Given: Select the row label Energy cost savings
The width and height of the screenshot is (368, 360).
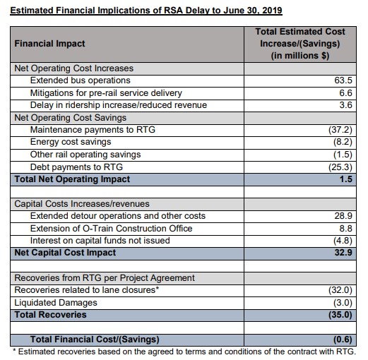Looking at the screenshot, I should pyautogui.click(x=71, y=142).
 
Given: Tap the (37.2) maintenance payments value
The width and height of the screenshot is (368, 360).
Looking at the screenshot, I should pyautogui.click(x=340, y=130).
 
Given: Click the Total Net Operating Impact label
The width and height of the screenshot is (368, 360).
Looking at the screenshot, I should pyautogui.click(x=72, y=179).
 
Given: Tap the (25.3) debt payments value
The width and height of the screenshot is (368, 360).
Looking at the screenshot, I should pyautogui.click(x=340, y=167).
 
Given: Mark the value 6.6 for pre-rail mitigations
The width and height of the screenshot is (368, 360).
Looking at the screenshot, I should pyautogui.click(x=345, y=93).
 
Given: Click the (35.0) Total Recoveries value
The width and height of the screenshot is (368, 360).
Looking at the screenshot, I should pyautogui.click(x=339, y=314).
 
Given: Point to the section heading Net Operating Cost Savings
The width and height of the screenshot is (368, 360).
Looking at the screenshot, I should pyautogui.click(x=71, y=117).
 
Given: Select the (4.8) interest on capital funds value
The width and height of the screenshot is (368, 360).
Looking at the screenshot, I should pyautogui.click(x=342, y=240).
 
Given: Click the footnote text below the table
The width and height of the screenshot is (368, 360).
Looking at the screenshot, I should pyautogui.click(x=185, y=351).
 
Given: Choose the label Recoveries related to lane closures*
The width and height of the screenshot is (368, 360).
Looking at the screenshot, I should pyautogui.click(x=87, y=290).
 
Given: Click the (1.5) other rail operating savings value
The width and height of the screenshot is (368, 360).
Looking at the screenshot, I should pyautogui.click(x=342, y=155).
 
